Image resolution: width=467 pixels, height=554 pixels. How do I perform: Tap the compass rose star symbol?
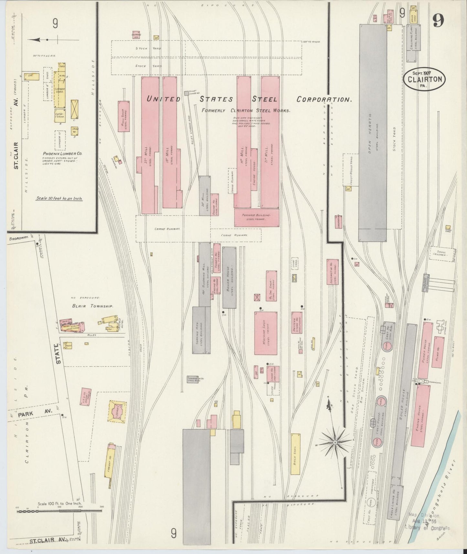point(335,442)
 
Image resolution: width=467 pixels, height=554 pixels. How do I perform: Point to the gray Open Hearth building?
point(373,133)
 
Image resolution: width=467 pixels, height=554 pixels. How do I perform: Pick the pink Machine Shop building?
point(266,333)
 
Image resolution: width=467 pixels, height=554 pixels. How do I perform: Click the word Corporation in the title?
point(324,100)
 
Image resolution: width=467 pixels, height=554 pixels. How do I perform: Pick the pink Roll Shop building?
point(124,116)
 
